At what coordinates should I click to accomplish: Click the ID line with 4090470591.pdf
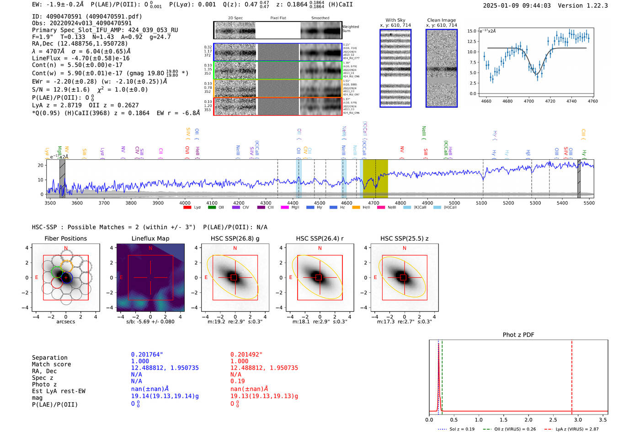click(87, 16)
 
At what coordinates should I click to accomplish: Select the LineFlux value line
click(81, 58)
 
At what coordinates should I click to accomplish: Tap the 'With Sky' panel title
click(395, 20)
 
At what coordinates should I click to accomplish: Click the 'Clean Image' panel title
click(441, 20)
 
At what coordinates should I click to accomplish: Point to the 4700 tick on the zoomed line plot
click(529, 101)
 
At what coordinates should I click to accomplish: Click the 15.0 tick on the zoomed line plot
click(471, 31)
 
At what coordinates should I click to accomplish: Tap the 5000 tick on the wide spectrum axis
click(454, 203)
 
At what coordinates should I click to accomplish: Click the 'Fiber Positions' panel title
click(65, 238)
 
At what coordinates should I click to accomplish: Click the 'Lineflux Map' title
click(150, 238)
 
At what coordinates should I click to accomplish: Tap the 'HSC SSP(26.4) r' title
click(320, 238)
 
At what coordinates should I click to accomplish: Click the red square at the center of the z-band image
click(403, 277)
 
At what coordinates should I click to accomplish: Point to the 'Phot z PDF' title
click(518, 334)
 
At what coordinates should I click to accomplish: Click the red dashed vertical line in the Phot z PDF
click(571, 375)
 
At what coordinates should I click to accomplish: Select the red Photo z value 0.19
click(237, 381)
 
